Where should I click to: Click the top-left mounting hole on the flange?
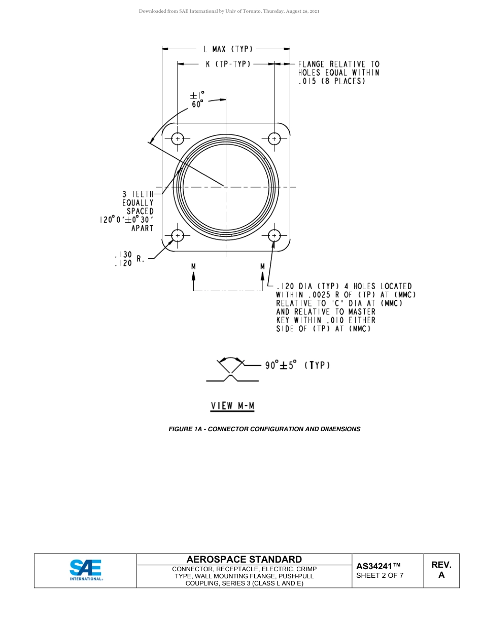point(177,138)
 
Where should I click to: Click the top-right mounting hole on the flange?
point(274,138)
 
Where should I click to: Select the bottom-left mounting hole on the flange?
point(177,235)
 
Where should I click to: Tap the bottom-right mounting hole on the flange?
point(274,235)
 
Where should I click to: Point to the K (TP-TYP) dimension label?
point(228,64)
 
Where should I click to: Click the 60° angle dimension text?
point(197,104)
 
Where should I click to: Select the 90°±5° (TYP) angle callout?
point(297,365)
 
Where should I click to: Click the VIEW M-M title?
point(232,406)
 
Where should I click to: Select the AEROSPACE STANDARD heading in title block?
point(244,559)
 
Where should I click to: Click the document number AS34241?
point(378,566)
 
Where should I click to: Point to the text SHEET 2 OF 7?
point(380,575)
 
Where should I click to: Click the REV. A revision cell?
point(441,570)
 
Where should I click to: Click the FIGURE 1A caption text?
point(264,429)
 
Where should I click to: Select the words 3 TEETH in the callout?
point(137,194)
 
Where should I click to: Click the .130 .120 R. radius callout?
point(129,259)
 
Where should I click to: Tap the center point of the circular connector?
point(226,187)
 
